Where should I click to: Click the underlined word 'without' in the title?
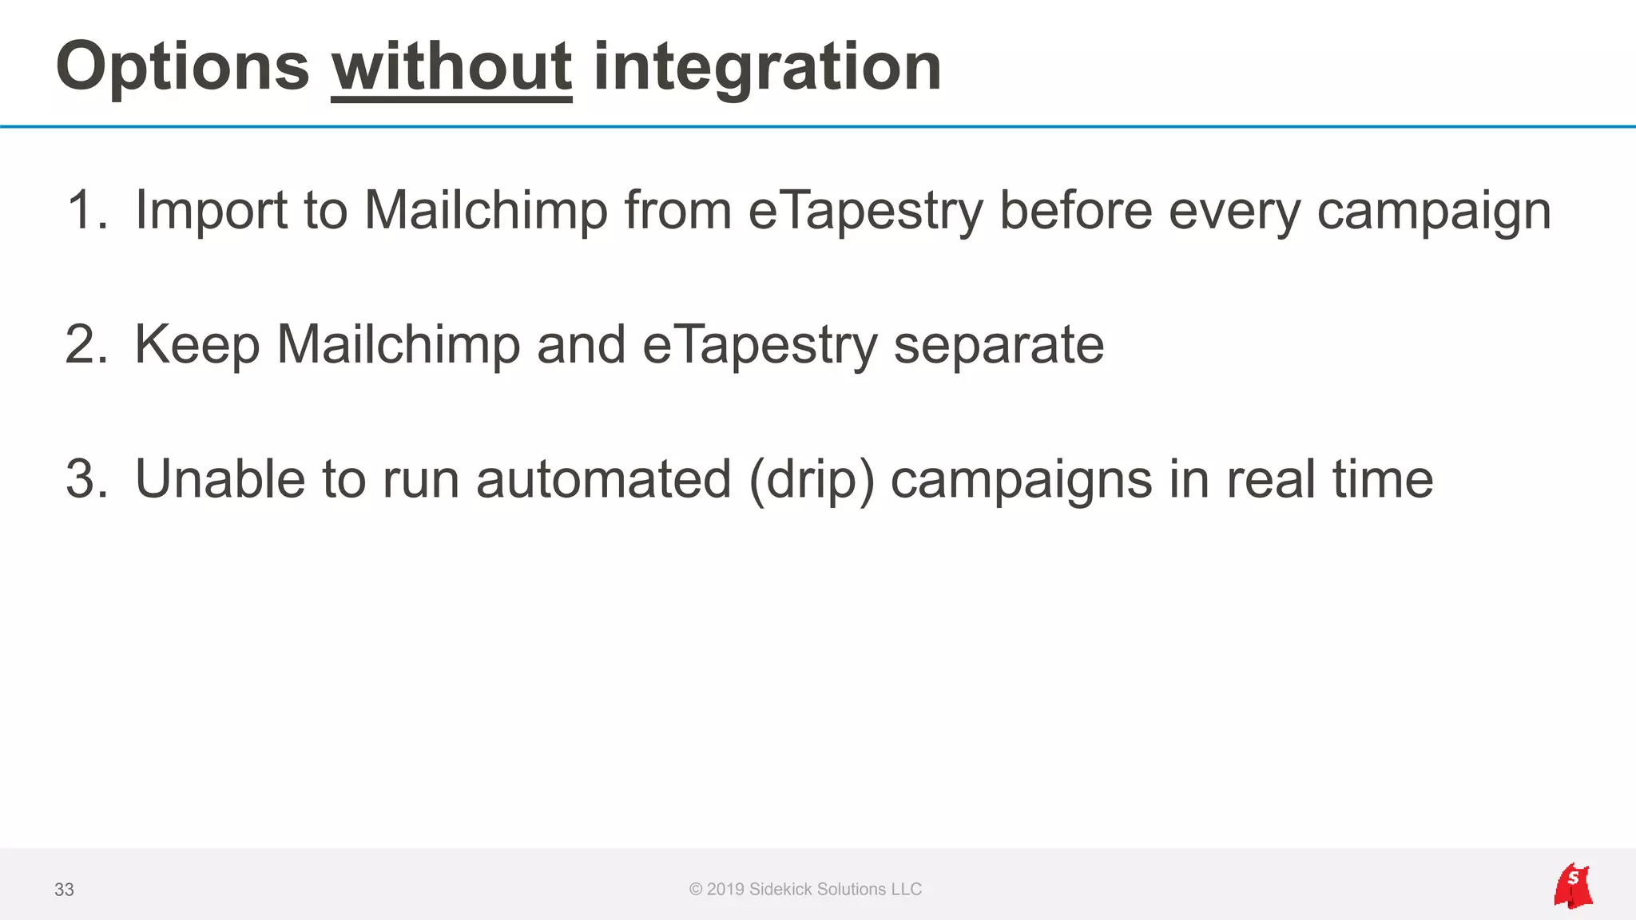coord(451,68)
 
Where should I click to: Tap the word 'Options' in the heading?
coord(182,68)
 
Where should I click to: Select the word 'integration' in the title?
coord(767,68)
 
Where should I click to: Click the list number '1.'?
coord(86,210)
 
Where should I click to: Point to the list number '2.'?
coord(86,344)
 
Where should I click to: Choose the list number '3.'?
coord(86,479)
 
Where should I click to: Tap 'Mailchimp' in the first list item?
coord(486,210)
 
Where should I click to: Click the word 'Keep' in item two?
coord(197,344)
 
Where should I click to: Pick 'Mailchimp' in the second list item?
coord(398,344)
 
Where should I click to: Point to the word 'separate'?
coord(999,346)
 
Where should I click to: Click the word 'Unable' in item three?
coord(220,479)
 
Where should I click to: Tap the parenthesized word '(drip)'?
coord(812,481)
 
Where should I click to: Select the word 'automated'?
coord(603,479)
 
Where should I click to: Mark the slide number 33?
coord(64,890)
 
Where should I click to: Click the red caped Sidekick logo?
coord(1573,886)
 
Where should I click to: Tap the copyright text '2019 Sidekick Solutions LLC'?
coord(813,889)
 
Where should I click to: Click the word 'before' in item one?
coord(1075,210)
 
